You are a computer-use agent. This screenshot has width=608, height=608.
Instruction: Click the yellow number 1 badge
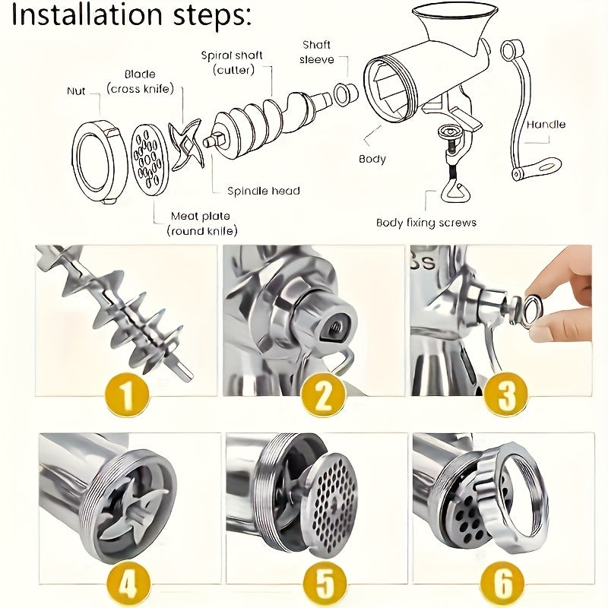pos(128,394)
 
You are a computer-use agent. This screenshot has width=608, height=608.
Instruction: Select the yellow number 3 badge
pos(505,394)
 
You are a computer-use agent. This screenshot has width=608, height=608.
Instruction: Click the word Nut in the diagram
pos(76,91)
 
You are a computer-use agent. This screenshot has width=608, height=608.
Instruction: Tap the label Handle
pos(546,124)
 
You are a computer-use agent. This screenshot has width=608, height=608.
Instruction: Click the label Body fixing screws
pos(426,223)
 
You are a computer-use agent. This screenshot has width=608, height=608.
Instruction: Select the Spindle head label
pos(264,191)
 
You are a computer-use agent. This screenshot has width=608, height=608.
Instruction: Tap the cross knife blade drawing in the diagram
pos(185,144)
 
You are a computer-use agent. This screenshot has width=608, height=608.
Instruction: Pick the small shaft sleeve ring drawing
pos(347,94)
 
